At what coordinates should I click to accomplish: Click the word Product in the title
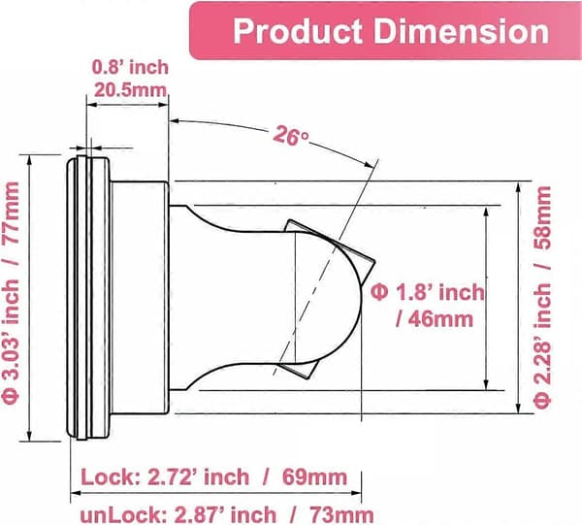298,31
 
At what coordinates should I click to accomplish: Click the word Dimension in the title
462,31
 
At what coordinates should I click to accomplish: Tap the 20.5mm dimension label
130,90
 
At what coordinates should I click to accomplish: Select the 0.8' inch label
130,67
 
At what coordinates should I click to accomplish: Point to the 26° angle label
291,136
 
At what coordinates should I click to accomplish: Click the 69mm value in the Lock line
314,477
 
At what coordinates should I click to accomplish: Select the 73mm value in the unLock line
341,515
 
